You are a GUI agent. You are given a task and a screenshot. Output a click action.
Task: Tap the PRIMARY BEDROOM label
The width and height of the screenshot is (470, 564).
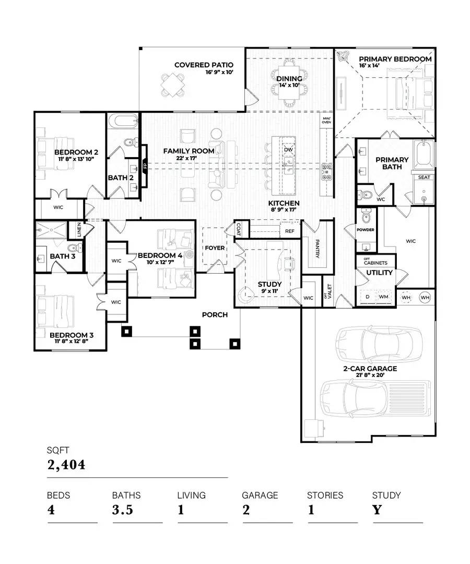pyautogui.click(x=395, y=59)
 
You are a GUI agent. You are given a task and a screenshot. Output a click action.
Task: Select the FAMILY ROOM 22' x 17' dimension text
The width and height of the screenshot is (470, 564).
pyautogui.click(x=189, y=159)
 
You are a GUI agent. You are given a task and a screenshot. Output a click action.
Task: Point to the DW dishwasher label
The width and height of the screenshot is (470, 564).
pyautogui.click(x=288, y=150)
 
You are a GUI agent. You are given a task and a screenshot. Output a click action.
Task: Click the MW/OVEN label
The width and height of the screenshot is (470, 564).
pyautogui.click(x=327, y=120)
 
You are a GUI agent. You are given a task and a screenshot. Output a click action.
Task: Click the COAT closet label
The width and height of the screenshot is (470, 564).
pyautogui.click(x=239, y=228)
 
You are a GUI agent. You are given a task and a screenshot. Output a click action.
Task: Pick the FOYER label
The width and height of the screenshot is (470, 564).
pyautogui.click(x=214, y=248)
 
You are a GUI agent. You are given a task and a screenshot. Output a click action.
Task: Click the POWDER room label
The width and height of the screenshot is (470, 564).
pyautogui.click(x=365, y=229)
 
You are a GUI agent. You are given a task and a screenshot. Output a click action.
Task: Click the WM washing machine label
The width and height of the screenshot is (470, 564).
pyautogui.click(x=383, y=297)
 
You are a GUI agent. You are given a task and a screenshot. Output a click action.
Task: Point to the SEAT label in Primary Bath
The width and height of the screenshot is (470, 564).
pyautogui.click(x=423, y=178)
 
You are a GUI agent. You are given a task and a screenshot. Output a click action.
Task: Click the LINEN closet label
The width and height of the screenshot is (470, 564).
pyautogui.click(x=79, y=230)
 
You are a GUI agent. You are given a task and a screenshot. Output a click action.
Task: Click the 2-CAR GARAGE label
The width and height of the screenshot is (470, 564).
pyautogui.click(x=370, y=369)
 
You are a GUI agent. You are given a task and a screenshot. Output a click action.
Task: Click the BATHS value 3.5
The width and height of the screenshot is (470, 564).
pyautogui.click(x=123, y=510)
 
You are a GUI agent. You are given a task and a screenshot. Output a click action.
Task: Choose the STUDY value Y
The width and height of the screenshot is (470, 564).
pyautogui.click(x=377, y=510)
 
